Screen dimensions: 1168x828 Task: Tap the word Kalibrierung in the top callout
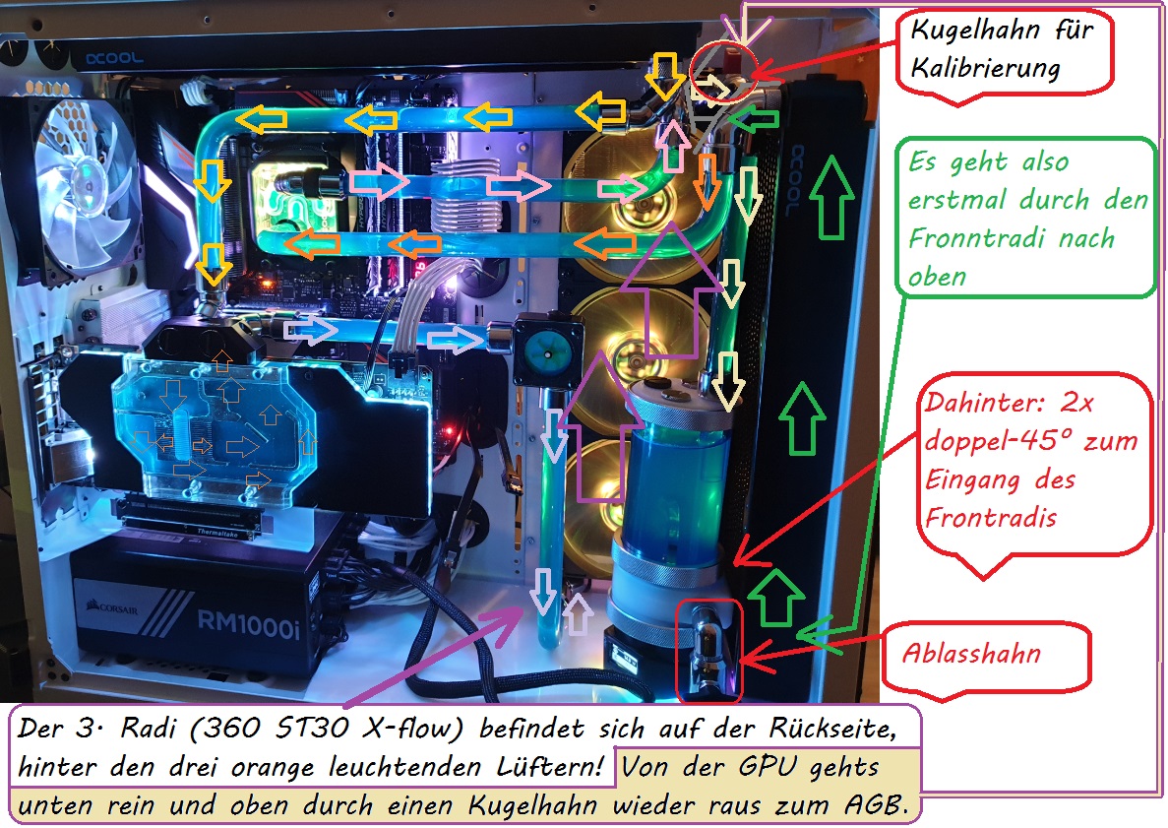[x=986, y=69]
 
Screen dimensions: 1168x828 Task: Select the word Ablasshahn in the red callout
[x=971, y=654]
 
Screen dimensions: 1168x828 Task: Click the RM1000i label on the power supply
[x=249, y=624]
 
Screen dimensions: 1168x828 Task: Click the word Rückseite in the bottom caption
[x=832, y=729]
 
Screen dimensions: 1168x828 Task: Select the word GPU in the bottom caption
[x=768, y=767]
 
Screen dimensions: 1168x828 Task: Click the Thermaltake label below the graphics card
[x=216, y=532]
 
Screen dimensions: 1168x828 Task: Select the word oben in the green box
[x=937, y=278]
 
